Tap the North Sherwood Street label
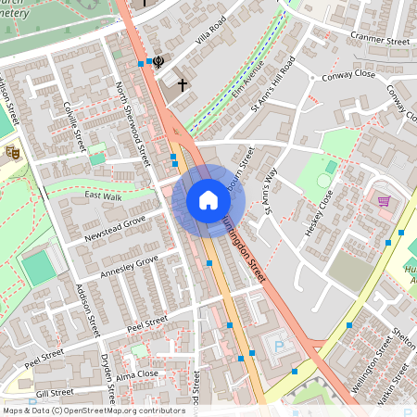pos(130,120)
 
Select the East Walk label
pos(103,196)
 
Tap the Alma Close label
pos(138,374)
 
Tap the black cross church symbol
pos(183,85)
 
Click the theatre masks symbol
pos(12,152)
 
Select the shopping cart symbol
pos(384,200)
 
